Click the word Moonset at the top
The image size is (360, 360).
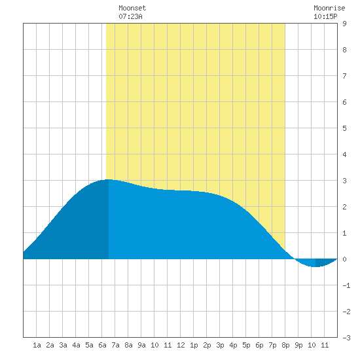click(x=132, y=8)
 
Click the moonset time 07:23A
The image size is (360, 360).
click(x=130, y=16)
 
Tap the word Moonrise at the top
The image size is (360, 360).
click(x=329, y=8)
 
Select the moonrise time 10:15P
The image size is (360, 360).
click(x=325, y=16)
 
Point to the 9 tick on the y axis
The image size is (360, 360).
click(x=344, y=24)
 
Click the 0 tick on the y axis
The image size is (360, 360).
click(x=344, y=259)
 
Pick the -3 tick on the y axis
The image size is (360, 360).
click(x=346, y=338)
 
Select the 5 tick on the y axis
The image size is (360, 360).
click(x=344, y=128)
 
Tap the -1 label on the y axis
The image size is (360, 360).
click(x=346, y=285)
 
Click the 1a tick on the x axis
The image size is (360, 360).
click(x=37, y=345)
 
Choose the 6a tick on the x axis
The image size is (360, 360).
click(x=102, y=345)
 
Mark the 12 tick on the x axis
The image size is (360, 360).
click(x=181, y=345)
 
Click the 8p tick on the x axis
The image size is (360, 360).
click(x=285, y=345)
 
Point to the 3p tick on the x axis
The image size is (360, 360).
click(x=220, y=345)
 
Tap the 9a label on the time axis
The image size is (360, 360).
click(x=141, y=345)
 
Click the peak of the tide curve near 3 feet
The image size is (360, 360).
click(x=109, y=179)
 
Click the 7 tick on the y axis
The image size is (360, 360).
click(x=344, y=76)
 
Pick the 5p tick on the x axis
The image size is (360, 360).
click(x=246, y=345)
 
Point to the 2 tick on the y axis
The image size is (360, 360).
click(x=344, y=207)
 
